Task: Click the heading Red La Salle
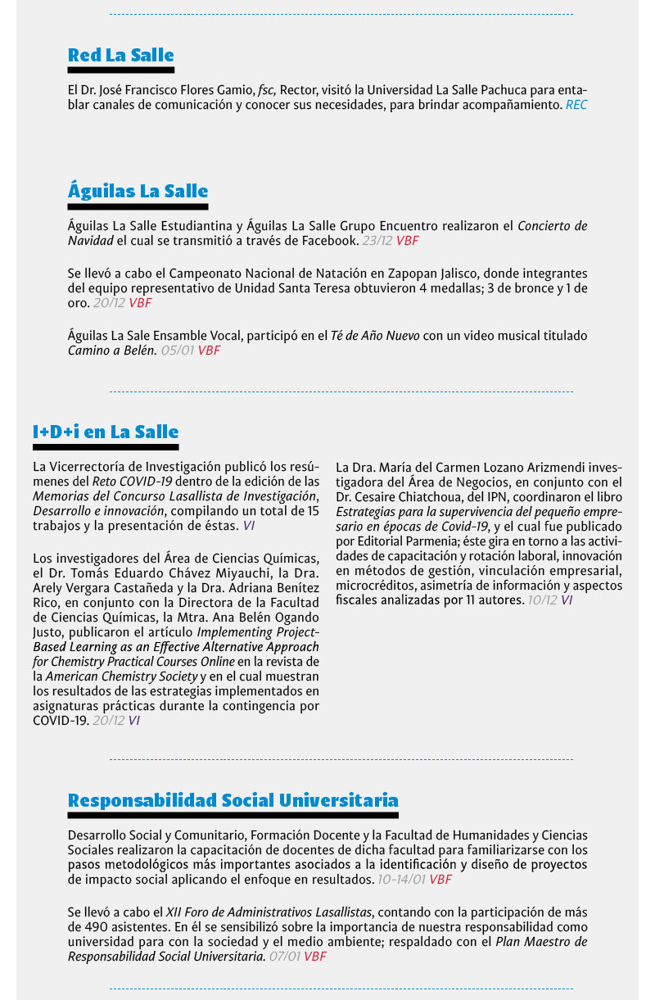point(120,56)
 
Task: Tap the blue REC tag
point(576,105)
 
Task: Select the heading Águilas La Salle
point(138,192)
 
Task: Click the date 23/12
point(377,241)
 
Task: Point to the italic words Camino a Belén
point(112,351)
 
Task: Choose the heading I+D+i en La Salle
point(106,432)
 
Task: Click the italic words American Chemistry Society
point(121,676)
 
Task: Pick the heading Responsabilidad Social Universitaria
point(233,800)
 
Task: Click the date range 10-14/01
point(401,880)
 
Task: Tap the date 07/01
point(284,957)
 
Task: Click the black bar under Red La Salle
point(120,70)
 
